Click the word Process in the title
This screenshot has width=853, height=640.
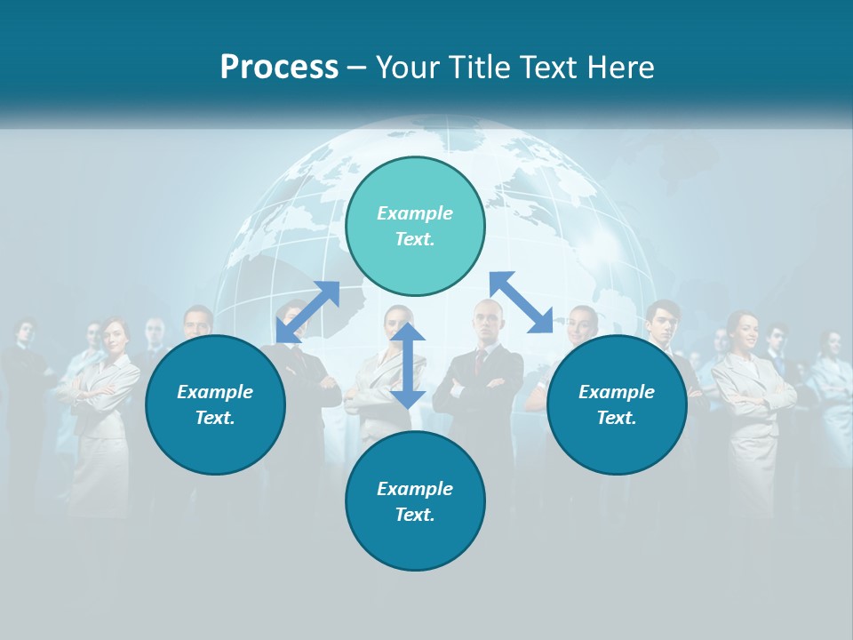pos(279,67)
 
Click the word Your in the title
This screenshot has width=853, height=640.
pos(411,67)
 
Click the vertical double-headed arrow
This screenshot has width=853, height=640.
pos(408,365)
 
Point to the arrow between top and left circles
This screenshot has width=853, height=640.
pos(307,312)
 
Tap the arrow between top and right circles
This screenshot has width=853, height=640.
pos(522,302)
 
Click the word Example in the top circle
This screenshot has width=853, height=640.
pos(415,213)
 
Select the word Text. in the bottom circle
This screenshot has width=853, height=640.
pos(415,515)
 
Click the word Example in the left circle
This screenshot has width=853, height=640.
pos(215,392)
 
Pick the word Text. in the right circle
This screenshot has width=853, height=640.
pos(617,418)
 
